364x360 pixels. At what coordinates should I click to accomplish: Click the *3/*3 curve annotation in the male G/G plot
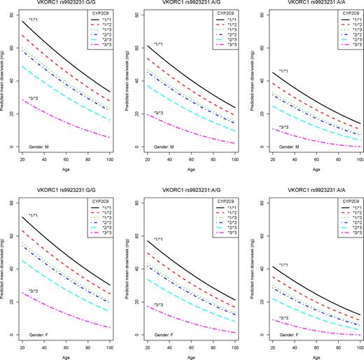point(33,98)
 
